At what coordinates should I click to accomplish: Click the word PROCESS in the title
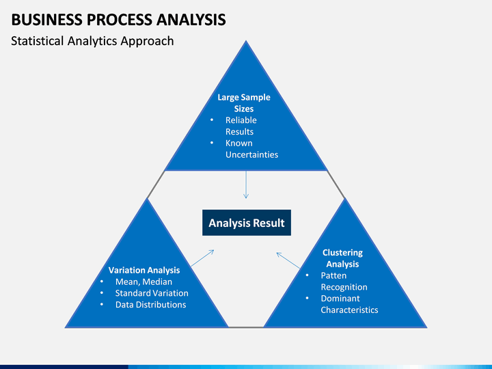click(120, 19)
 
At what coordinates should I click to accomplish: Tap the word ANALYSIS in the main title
click(191, 19)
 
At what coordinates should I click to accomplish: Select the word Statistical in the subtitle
click(38, 41)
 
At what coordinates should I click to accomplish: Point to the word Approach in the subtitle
click(147, 42)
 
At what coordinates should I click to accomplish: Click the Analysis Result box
click(247, 223)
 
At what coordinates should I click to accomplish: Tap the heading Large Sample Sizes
click(244, 103)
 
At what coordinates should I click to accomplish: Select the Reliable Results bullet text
click(241, 126)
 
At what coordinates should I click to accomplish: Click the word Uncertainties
click(251, 154)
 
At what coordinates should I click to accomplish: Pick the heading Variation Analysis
click(144, 270)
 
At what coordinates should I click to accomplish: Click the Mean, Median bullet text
click(143, 282)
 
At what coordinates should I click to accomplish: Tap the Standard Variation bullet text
click(152, 293)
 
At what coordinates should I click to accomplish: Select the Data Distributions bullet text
click(150, 305)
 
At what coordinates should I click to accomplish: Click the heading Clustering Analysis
click(342, 258)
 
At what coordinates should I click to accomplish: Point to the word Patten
click(333, 275)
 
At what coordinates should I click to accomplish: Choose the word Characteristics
click(349, 310)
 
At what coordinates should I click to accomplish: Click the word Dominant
click(340, 299)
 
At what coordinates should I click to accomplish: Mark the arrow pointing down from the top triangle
click(246, 184)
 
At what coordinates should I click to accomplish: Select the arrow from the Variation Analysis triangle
click(202, 258)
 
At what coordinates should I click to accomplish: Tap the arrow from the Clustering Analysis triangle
click(288, 260)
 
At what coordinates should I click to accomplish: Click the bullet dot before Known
click(212, 143)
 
